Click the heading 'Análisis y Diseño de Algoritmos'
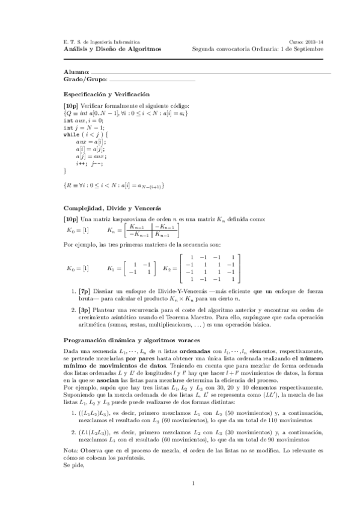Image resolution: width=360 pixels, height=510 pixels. [112, 49]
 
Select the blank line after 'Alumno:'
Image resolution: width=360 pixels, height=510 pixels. [210, 73]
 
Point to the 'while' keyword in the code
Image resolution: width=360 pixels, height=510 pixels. [71, 135]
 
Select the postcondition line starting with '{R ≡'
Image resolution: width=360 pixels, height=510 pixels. [114, 184]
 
